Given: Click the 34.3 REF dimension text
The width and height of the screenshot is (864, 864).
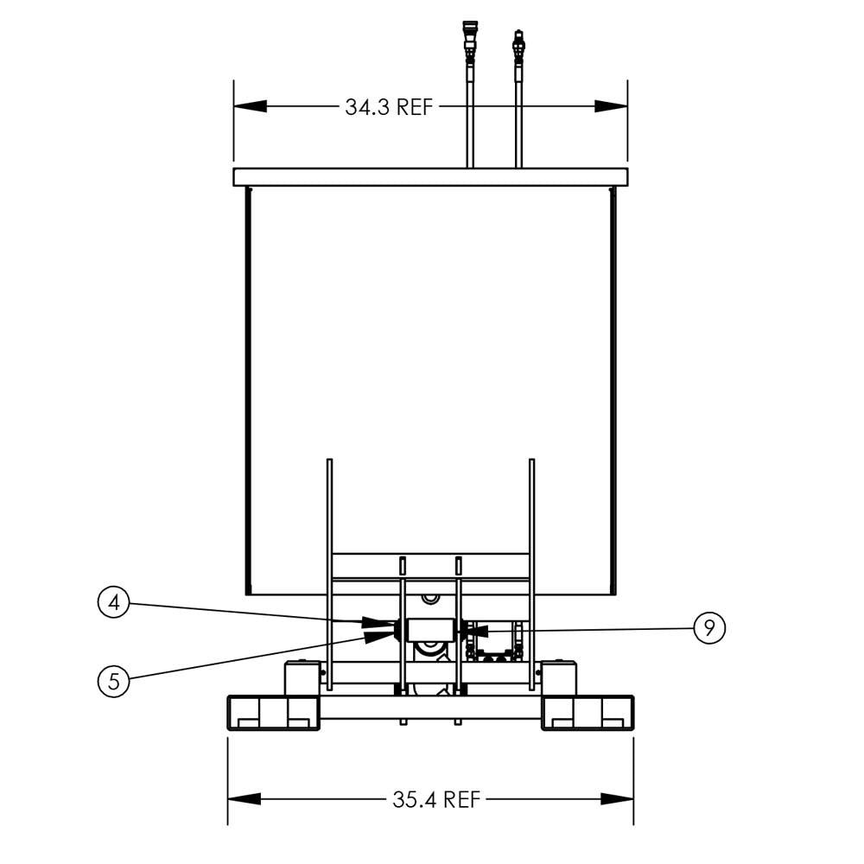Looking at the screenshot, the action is click(x=389, y=107).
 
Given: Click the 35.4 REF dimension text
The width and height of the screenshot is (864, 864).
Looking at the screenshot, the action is click(x=436, y=799).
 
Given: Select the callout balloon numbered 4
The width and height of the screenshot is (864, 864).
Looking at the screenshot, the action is click(x=113, y=602).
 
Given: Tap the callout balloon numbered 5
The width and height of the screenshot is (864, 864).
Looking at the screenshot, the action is click(x=113, y=682).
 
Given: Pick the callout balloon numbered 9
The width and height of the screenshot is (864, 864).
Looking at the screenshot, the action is click(x=709, y=627).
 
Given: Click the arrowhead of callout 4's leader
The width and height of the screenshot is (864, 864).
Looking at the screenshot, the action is click(x=379, y=623).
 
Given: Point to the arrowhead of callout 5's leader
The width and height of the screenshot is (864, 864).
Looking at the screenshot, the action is click(x=380, y=636).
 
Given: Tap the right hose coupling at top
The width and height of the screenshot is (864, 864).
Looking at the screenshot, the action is click(x=518, y=48).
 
